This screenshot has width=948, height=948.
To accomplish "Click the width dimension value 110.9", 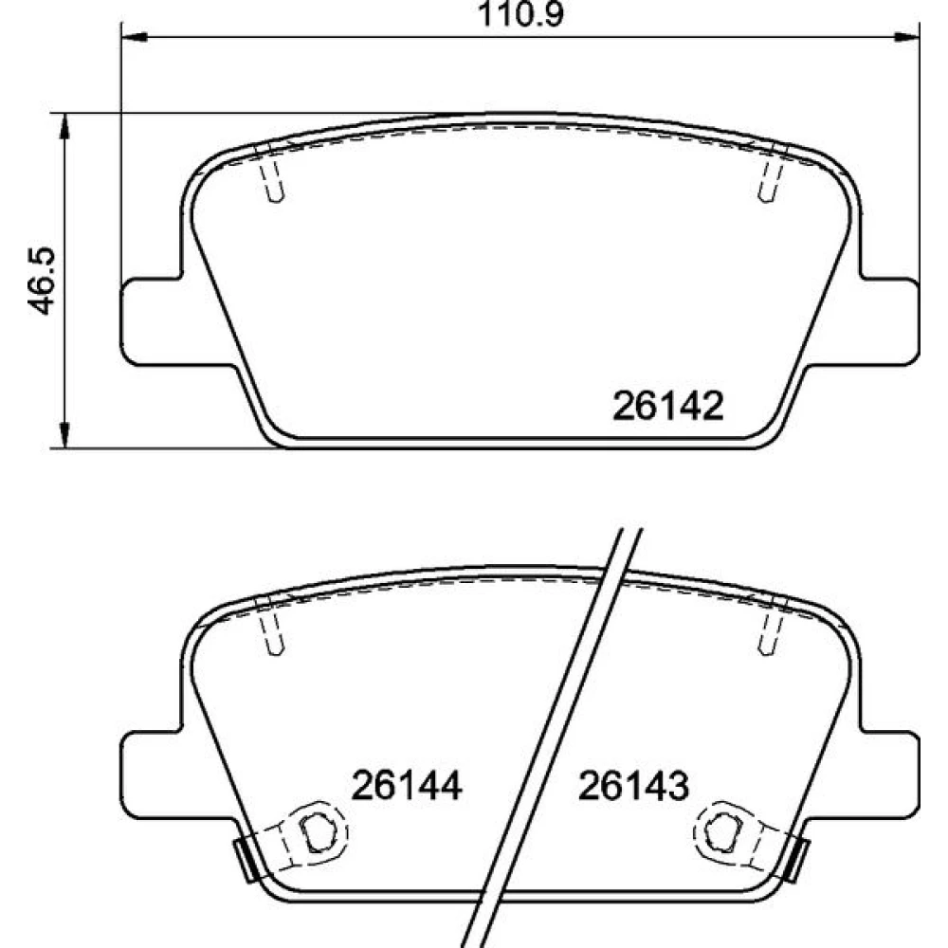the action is (520, 14).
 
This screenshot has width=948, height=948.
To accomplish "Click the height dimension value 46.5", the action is (43, 281).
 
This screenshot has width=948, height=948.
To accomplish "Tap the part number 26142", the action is (667, 407).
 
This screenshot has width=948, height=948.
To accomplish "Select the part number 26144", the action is (407, 785).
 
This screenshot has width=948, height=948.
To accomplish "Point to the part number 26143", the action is (633, 785).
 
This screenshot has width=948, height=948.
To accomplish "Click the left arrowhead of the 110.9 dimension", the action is (135, 38).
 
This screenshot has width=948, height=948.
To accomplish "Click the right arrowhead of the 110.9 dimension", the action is (906, 38).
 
